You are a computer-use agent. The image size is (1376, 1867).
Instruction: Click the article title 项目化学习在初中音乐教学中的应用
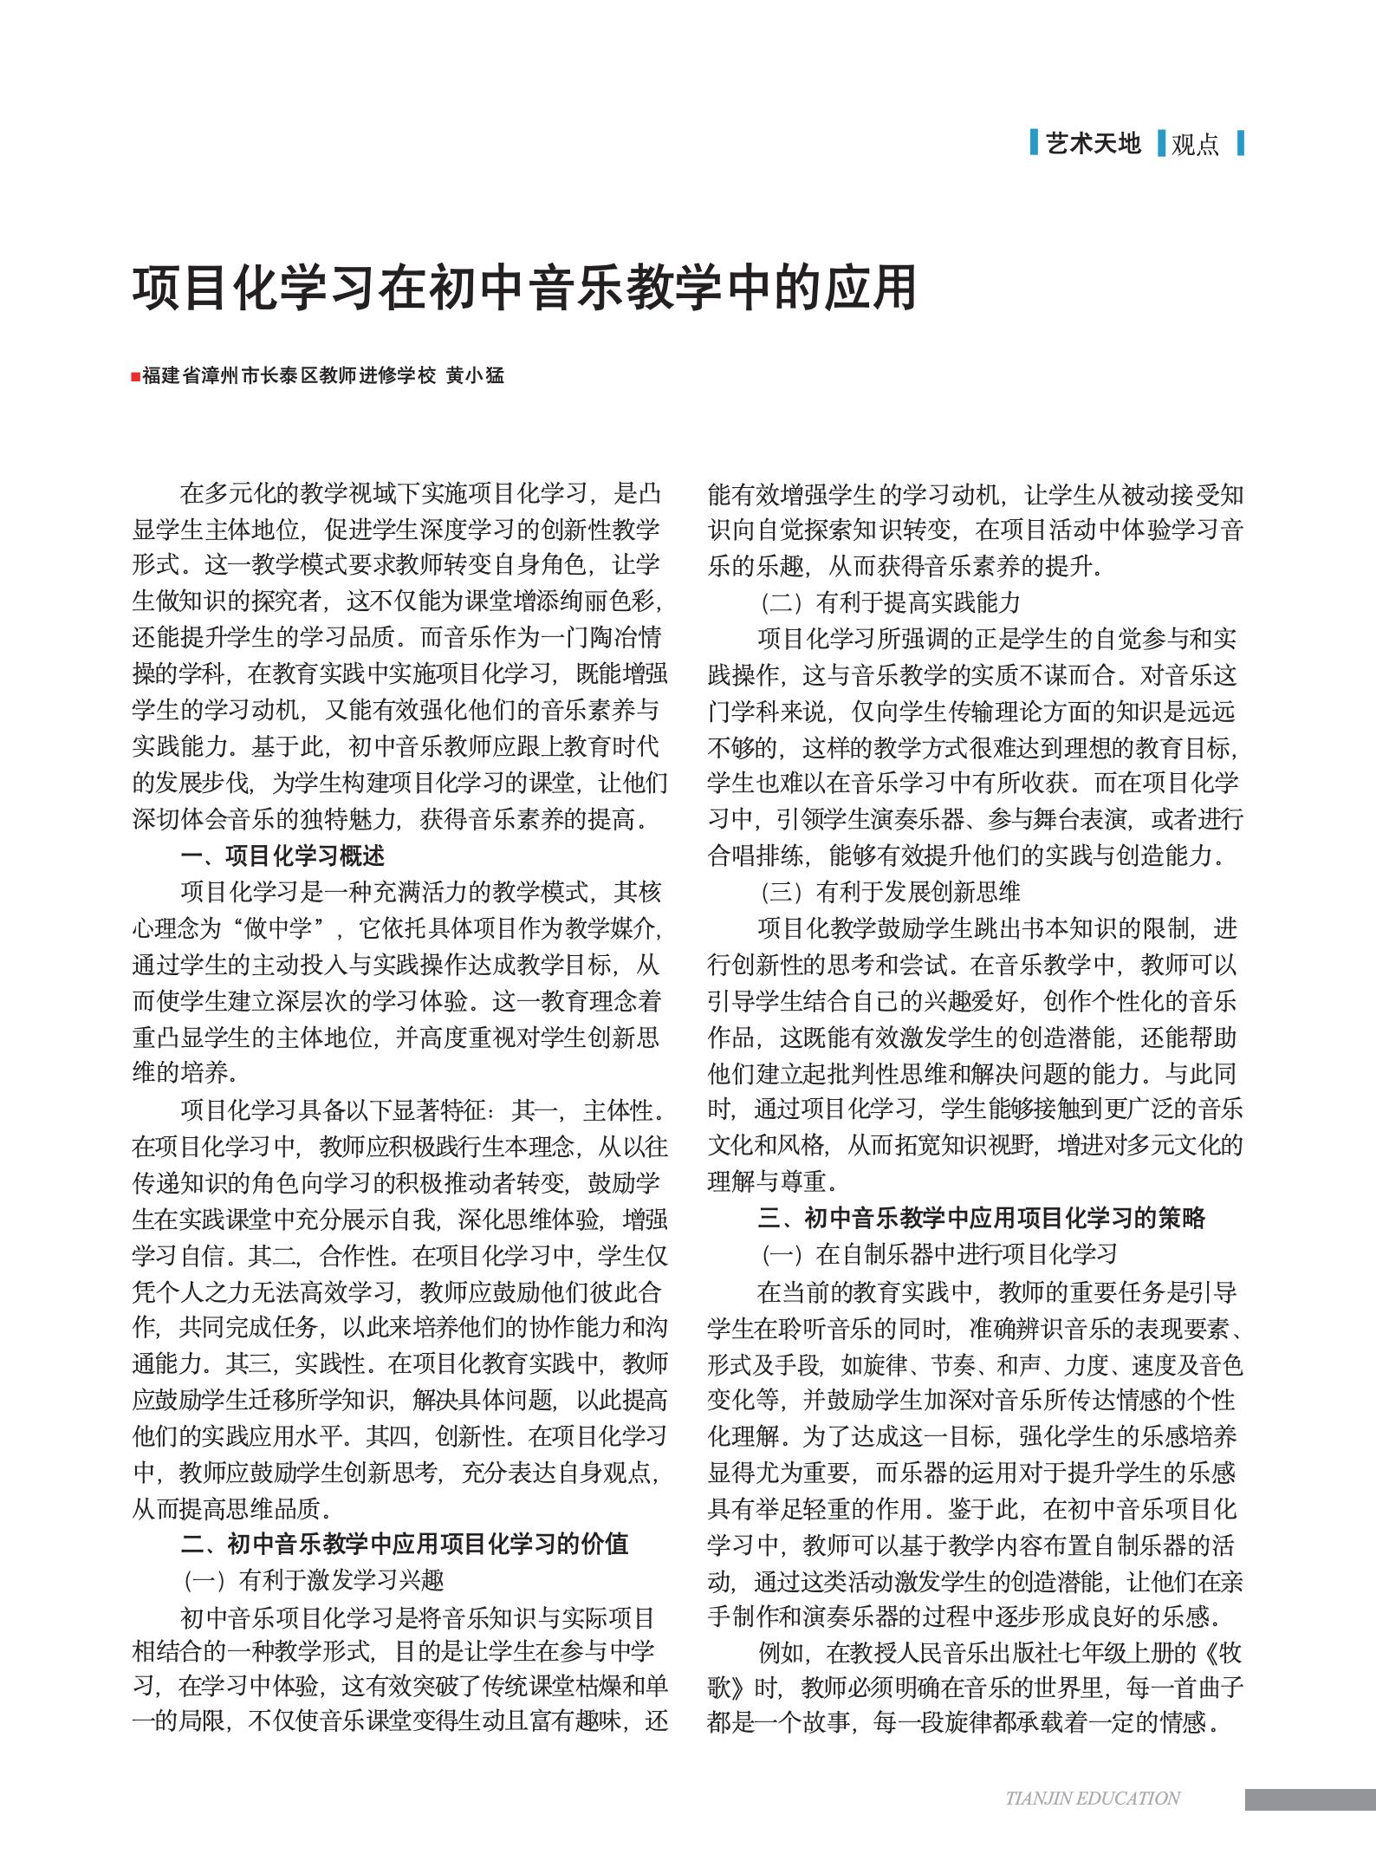click(x=524, y=288)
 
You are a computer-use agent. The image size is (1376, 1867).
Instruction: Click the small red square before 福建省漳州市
click(x=136, y=377)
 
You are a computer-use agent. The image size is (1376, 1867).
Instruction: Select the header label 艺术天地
click(x=1094, y=143)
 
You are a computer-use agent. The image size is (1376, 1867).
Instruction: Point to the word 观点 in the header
click(x=1195, y=145)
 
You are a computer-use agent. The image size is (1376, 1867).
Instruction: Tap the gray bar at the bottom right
click(x=1310, y=1799)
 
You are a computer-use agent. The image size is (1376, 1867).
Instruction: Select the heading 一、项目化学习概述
click(x=282, y=856)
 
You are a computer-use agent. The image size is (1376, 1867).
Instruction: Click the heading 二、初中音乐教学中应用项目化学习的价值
click(x=404, y=1544)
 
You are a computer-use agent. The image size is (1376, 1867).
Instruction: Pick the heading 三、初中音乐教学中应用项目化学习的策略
click(x=981, y=1218)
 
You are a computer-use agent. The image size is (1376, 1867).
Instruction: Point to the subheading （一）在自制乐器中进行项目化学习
click(x=938, y=1253)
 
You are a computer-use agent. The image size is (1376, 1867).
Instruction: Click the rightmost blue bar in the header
click(x=1241, y=143)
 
